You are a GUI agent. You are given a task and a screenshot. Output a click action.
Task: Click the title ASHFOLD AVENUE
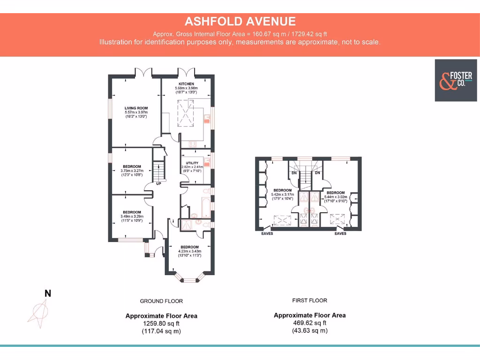coord(240,21)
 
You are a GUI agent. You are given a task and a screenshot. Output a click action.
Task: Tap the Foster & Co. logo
coord(453,80)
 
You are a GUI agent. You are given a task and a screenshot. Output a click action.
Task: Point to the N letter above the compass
coord(47,294)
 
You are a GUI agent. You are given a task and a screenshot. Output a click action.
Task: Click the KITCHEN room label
coord(186,84)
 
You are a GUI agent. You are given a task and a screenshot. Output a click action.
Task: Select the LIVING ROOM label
coord(136,108)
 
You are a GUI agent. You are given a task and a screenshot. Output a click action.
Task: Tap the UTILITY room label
coord(192,163)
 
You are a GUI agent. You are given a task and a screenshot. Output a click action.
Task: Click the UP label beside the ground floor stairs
coord(158,183)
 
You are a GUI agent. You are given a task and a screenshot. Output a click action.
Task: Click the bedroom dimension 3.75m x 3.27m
coord(132,171)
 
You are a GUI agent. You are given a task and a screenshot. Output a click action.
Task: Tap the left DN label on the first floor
coord(294,173)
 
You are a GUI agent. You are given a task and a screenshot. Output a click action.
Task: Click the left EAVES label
coord(267,233)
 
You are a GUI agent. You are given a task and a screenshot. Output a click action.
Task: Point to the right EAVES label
coord(340,233)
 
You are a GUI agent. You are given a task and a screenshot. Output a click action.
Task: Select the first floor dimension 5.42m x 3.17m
coord(282,195)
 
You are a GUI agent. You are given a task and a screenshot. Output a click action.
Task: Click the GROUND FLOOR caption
coord(161,301)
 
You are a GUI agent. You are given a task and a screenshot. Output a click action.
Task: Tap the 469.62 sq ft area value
coord(309,323)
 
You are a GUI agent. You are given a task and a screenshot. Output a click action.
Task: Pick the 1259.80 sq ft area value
coord(161,323)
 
